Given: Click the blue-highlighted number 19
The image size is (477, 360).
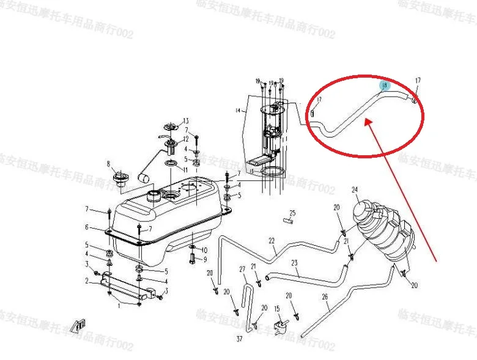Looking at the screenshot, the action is pos(385,86).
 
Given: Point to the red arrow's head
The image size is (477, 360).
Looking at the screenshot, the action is pos(366,122).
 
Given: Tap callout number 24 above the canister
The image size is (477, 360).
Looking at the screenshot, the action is pos(354,190).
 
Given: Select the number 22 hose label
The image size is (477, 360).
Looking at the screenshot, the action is pos(272,241).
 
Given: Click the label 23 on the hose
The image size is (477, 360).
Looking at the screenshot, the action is pos(294,263).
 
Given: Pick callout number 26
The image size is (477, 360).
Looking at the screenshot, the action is pos(325,298).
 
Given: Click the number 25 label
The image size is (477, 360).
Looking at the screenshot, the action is pos(292,213).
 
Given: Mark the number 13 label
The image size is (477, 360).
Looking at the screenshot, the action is pos(186,120).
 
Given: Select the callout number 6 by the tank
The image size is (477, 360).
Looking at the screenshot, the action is pos(87,227).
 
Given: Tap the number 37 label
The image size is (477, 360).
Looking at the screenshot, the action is pos(239,337).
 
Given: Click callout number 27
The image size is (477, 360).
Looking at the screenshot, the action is pos(242,269).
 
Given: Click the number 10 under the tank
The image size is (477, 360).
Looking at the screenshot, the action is pos(204,250).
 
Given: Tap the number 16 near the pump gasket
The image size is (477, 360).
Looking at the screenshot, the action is pos(250,172).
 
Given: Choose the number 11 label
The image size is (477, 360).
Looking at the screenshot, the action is pos(185,169).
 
